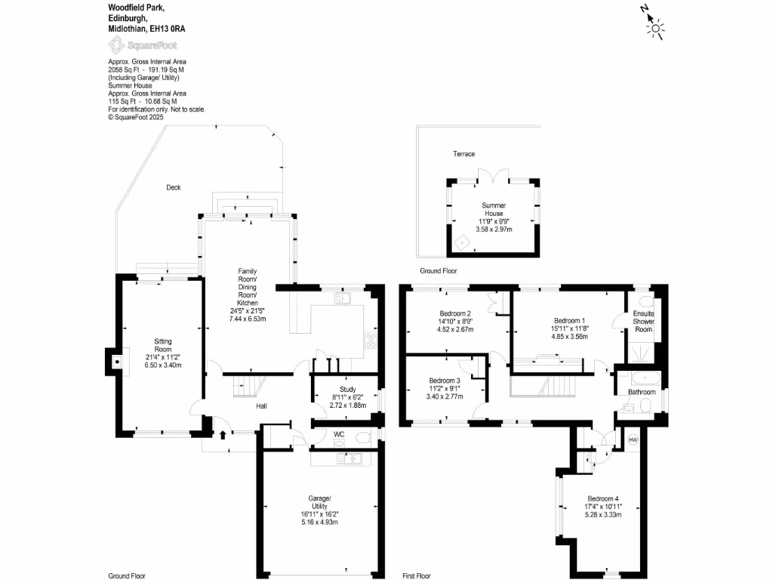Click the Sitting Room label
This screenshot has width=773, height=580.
[163, 345]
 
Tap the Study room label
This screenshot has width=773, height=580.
[347, 390]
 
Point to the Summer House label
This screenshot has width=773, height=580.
[494, 209]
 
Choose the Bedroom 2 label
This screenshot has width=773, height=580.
[455, 313]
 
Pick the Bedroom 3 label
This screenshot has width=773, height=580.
[444, 381]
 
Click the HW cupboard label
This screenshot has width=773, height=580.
[633, 440]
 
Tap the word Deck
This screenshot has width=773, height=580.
[174, 187]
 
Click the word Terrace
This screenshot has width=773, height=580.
[463, 154]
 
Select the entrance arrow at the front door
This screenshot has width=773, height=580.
[223, 434]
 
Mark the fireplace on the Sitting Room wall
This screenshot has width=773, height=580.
[115, 362]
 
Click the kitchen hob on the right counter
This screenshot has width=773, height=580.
[371, 341]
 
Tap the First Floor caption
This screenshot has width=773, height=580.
[420, 575]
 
